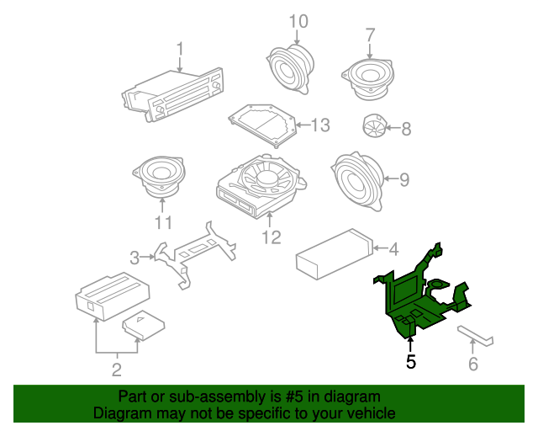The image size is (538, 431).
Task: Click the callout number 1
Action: [x=179, y=48]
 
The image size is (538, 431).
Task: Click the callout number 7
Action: [x=370, y=35]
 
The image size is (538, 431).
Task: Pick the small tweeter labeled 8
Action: [x=372, y=127]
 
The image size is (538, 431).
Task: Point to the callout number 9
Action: [x=403, y=178]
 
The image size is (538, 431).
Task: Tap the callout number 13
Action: [x=321, y=125]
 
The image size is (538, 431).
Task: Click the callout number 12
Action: [x=270, y=238]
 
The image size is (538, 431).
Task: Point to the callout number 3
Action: [x=134, y=257]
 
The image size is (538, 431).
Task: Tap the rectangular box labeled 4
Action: [x=331, y=252]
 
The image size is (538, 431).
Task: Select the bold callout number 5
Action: [x=410, y=363]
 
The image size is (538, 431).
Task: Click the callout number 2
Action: [x=117, y=368]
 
